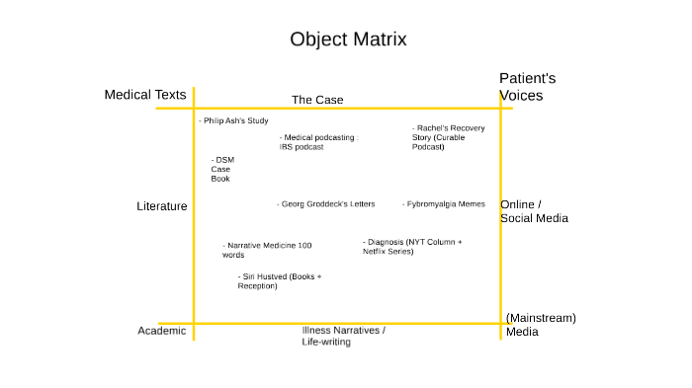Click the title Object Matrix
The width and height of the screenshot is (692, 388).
[348, 39]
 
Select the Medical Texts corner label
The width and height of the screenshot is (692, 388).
[145, 95]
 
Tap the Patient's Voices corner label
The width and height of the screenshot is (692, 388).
[527, 87]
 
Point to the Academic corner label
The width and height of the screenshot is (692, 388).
[161, 331]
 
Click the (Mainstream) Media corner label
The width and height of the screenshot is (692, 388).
[540, 325]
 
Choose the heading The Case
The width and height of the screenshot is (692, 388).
[316, 100]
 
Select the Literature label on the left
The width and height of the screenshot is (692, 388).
[161, 206]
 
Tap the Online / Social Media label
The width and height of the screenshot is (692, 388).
[534, 211]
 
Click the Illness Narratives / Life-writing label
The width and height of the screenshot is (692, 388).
[343, 336]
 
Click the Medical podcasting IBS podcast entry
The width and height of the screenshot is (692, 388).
[317, 142]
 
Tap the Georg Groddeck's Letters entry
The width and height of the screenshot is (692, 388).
[326, 204]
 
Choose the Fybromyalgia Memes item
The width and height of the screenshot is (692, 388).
[444, 204]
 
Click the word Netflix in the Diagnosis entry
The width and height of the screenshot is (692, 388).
[377, 252]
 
